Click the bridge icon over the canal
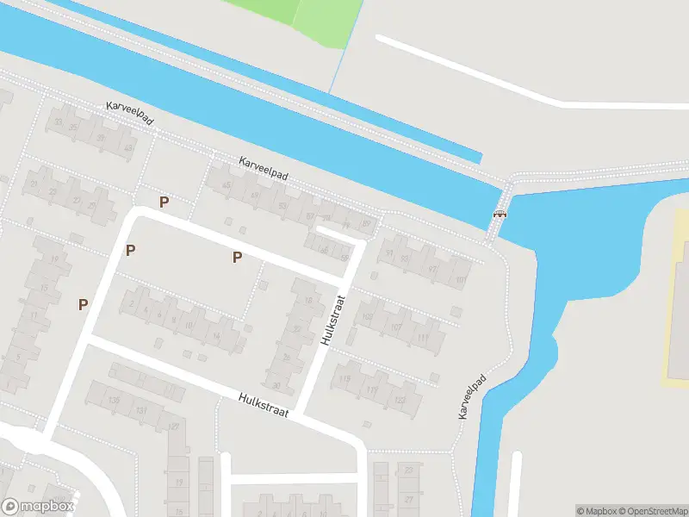pos(500,214)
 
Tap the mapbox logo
pos(39,506)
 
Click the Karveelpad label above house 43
pos(129,113)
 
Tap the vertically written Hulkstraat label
pos(334,320)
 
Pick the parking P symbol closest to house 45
pos(164,202)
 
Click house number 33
pos(58,121)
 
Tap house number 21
pos(34,184)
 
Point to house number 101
pos(460,279)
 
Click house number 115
pos(345,379)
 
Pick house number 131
pos(141,412)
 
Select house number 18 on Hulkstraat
pos(308,300)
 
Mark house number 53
pos(282,206)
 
